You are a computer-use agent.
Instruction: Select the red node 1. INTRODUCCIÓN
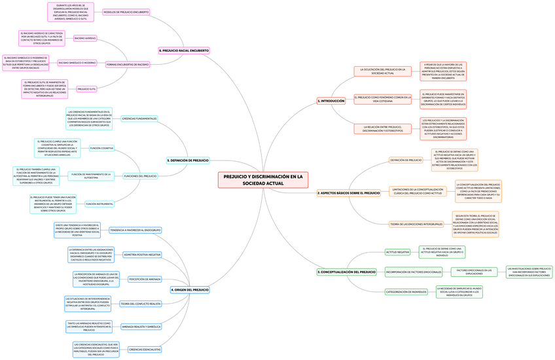click(x=331, y=101)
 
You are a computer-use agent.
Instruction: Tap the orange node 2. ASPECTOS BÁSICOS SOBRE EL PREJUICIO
click(x=348, y=193)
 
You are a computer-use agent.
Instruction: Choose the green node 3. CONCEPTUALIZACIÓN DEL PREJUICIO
click(x=346, y=271)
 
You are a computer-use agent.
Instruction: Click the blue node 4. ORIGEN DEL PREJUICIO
click(x=190, y=289)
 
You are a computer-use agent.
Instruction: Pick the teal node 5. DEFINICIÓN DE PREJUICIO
click(x=188, y=160)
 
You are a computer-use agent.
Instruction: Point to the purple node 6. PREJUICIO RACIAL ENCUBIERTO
click(x=184, y=50)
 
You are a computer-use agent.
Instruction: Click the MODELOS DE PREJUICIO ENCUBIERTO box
click(x=126, y=12)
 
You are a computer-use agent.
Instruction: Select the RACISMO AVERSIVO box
click(x=85, y=39)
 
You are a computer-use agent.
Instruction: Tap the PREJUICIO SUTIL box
click(x=87, y=88)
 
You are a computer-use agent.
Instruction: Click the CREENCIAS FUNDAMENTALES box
click(x=139, y=118)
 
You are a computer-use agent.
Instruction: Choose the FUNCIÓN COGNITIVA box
click(x=101, y=149)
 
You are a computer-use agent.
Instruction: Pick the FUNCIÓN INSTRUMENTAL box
click(x=99, y=204)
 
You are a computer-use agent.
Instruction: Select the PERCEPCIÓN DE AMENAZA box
click(x=145, y=279)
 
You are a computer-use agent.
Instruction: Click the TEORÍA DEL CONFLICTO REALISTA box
click(x=141, y=304)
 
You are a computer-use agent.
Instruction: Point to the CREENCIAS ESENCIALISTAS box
click(x=145, y=350)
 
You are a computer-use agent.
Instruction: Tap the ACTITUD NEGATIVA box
click(x=397, y=251)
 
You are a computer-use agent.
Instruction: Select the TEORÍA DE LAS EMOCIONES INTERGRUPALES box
click(x=416, y=225)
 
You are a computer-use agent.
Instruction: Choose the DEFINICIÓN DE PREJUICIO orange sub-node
click(x=406, y=160)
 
